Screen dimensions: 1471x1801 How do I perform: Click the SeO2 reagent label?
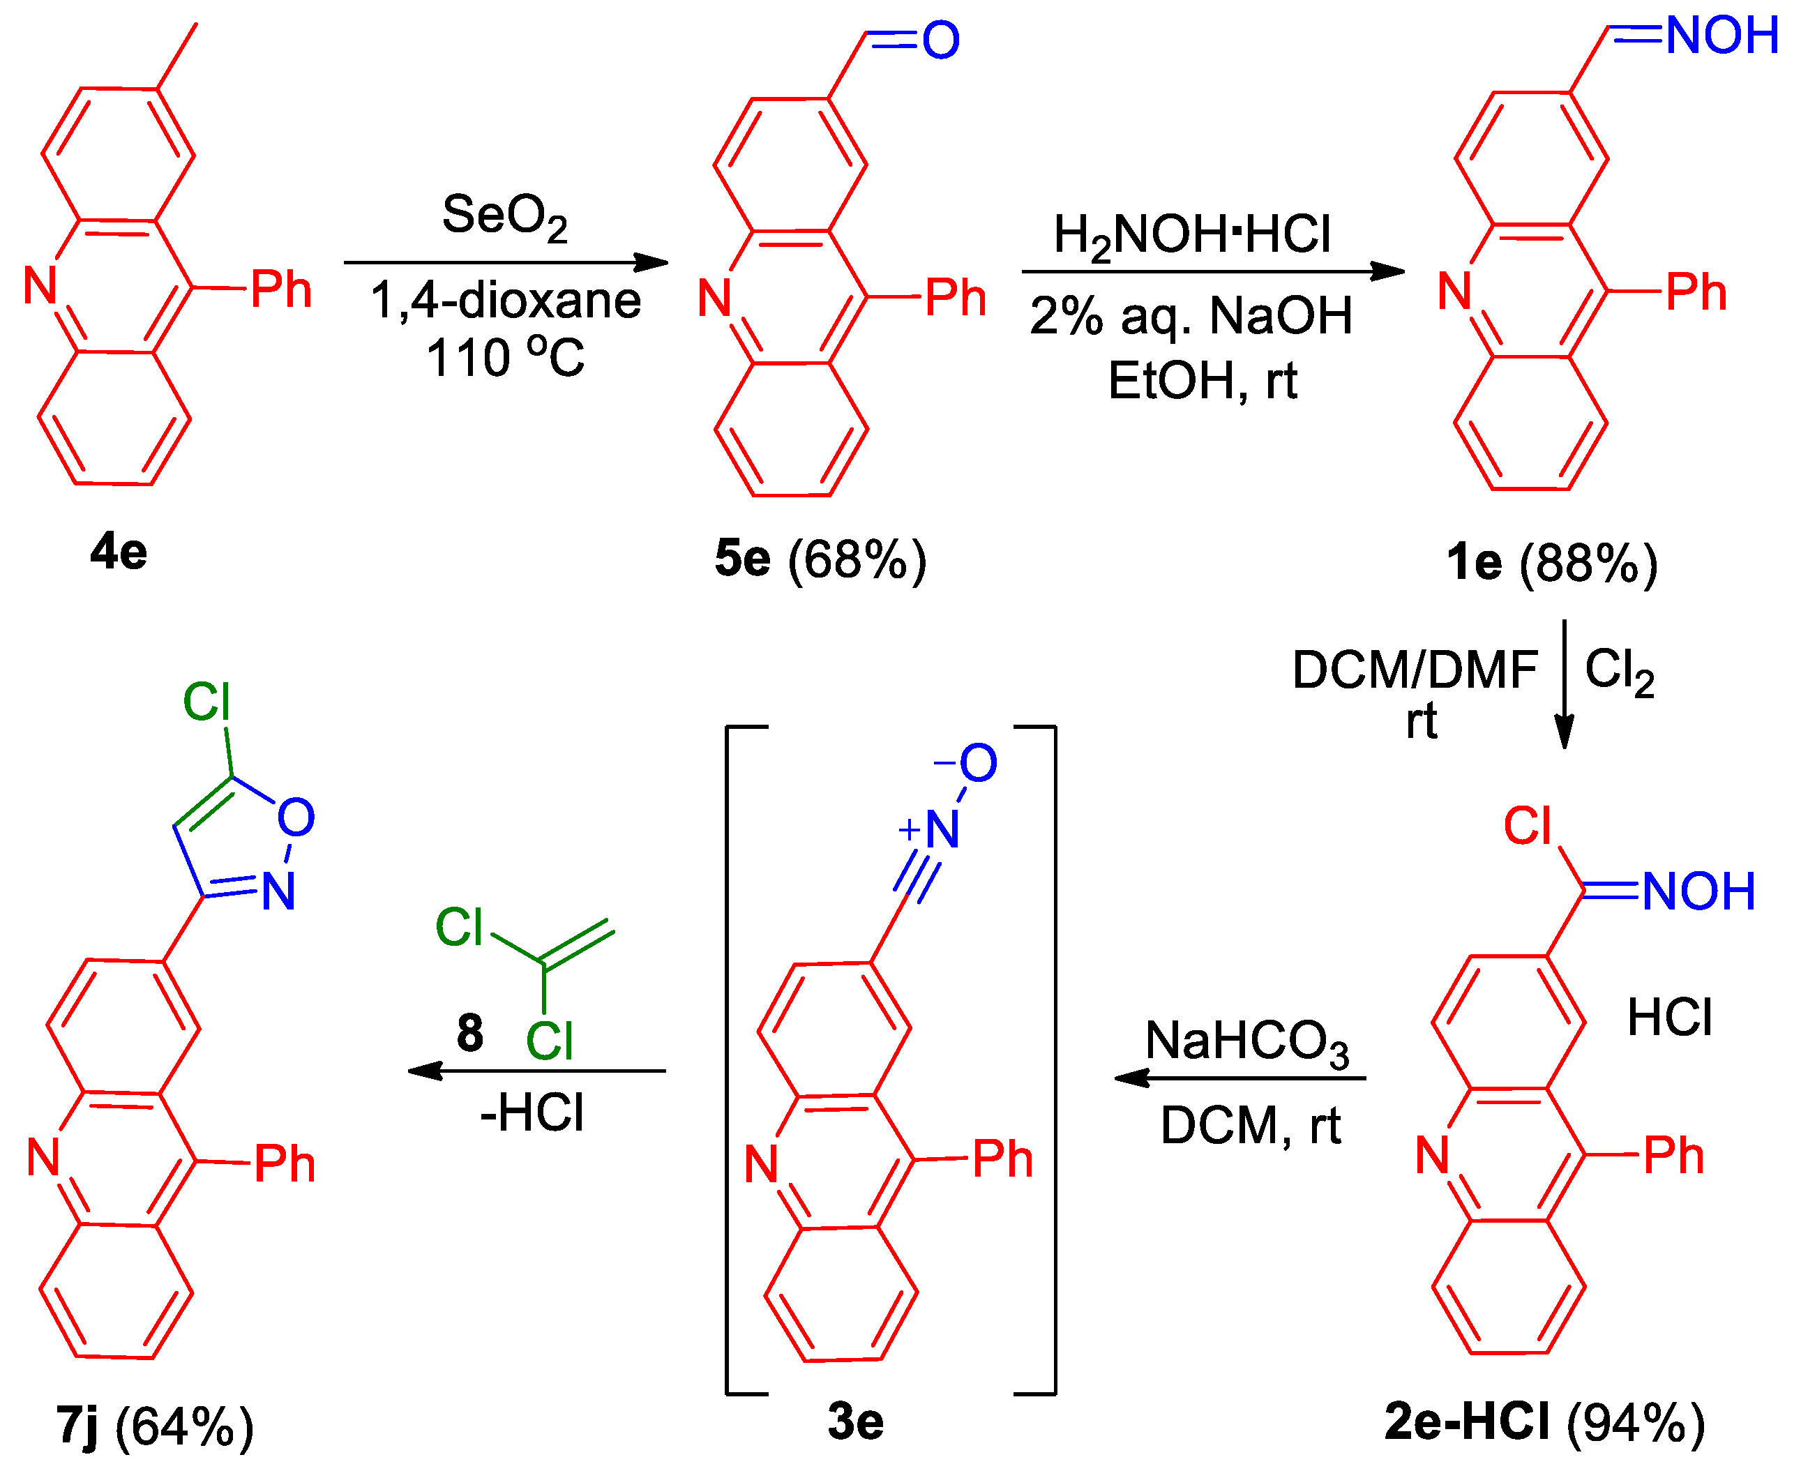point(504,216)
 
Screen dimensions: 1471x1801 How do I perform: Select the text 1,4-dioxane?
point(506,300)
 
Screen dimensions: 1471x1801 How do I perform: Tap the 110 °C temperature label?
point(505,356)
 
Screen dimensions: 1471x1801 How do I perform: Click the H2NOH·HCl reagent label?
point(1191,236)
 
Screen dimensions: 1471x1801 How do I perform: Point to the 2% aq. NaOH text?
point(1190,315)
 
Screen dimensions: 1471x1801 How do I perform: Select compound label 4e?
point(119,552)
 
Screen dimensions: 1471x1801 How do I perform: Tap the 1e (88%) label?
point(1551,563)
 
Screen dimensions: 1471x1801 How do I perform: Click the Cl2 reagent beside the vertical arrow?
point(1619,671)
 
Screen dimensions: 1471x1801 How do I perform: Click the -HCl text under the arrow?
point(532,1112)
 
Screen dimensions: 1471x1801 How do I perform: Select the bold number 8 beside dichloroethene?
point(469,1033)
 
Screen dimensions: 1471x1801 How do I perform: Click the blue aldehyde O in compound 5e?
point(941,40)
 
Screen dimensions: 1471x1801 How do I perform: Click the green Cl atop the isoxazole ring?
point(206,702)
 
